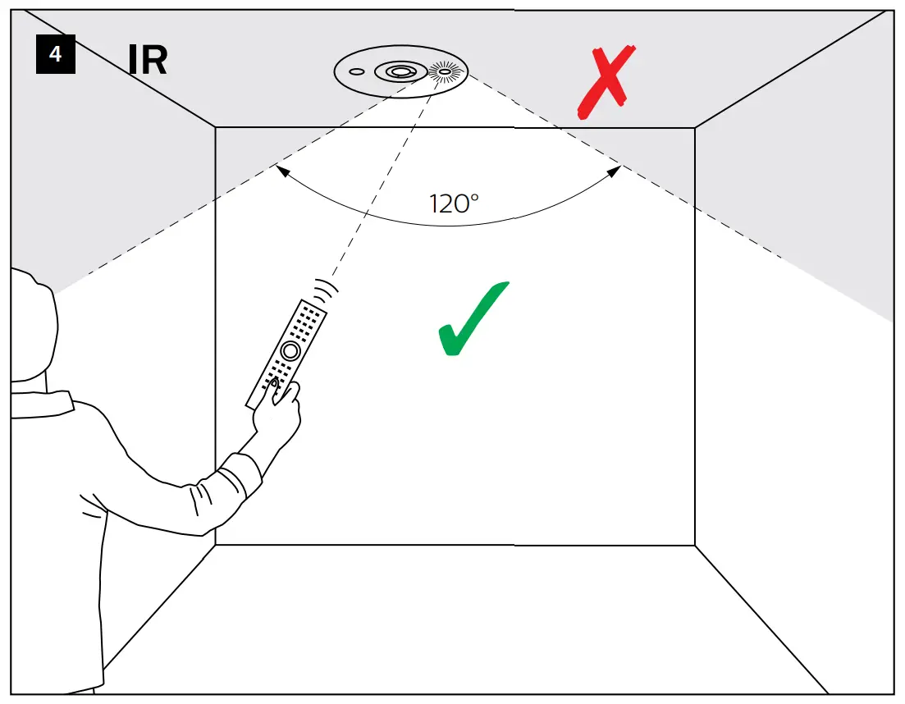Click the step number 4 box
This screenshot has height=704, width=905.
point(55,56)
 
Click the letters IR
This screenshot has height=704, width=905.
point(148,60)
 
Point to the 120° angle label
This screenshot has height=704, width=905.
point(454,203)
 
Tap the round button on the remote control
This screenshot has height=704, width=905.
point(289,350)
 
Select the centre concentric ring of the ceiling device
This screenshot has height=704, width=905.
point(400,72)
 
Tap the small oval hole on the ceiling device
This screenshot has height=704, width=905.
point(356,72)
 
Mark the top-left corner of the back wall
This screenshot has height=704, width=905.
point(216,127)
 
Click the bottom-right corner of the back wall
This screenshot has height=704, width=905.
point(695,545)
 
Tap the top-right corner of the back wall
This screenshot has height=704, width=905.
point(695,127)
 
